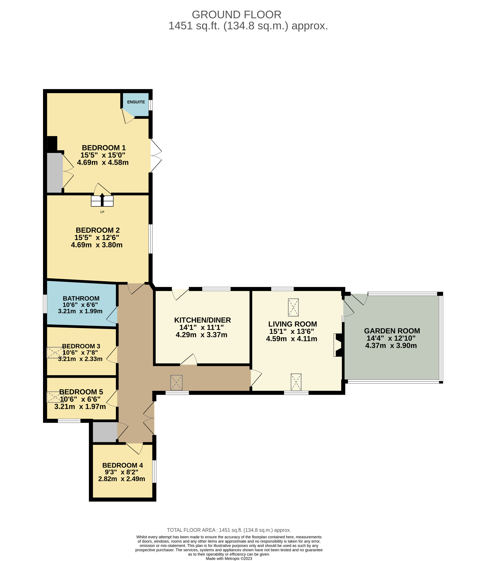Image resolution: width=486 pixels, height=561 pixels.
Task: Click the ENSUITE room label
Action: pos(136,102)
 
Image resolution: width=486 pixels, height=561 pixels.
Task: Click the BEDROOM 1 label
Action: pos(104,148)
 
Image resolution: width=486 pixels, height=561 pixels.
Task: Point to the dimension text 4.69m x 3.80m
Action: pos(97,245)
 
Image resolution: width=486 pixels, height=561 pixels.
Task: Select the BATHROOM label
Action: pos(81,298)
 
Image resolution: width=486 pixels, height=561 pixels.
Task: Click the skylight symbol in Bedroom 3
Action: pos(55,353)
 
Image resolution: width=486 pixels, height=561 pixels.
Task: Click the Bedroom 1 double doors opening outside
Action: pos(156,156)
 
